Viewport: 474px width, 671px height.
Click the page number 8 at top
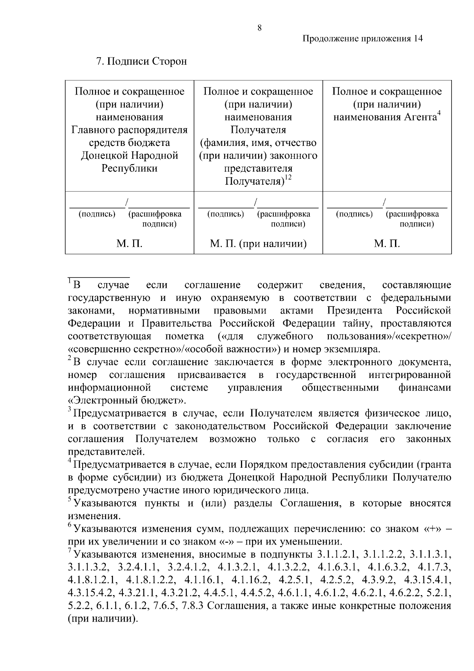coord(259,28)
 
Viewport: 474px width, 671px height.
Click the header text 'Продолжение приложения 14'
coord(363,39)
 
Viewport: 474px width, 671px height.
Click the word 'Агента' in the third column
coord(420,117)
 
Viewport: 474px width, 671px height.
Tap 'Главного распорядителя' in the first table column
coord(130,130)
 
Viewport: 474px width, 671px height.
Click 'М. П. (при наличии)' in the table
coord(258,244)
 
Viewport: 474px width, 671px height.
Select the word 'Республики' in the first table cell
coord(130,168)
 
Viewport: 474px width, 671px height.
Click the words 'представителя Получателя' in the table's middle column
coord(258,175)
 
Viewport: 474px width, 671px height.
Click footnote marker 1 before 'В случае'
coord(70,281)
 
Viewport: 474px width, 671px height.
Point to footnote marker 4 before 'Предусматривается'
coord(70,461)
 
